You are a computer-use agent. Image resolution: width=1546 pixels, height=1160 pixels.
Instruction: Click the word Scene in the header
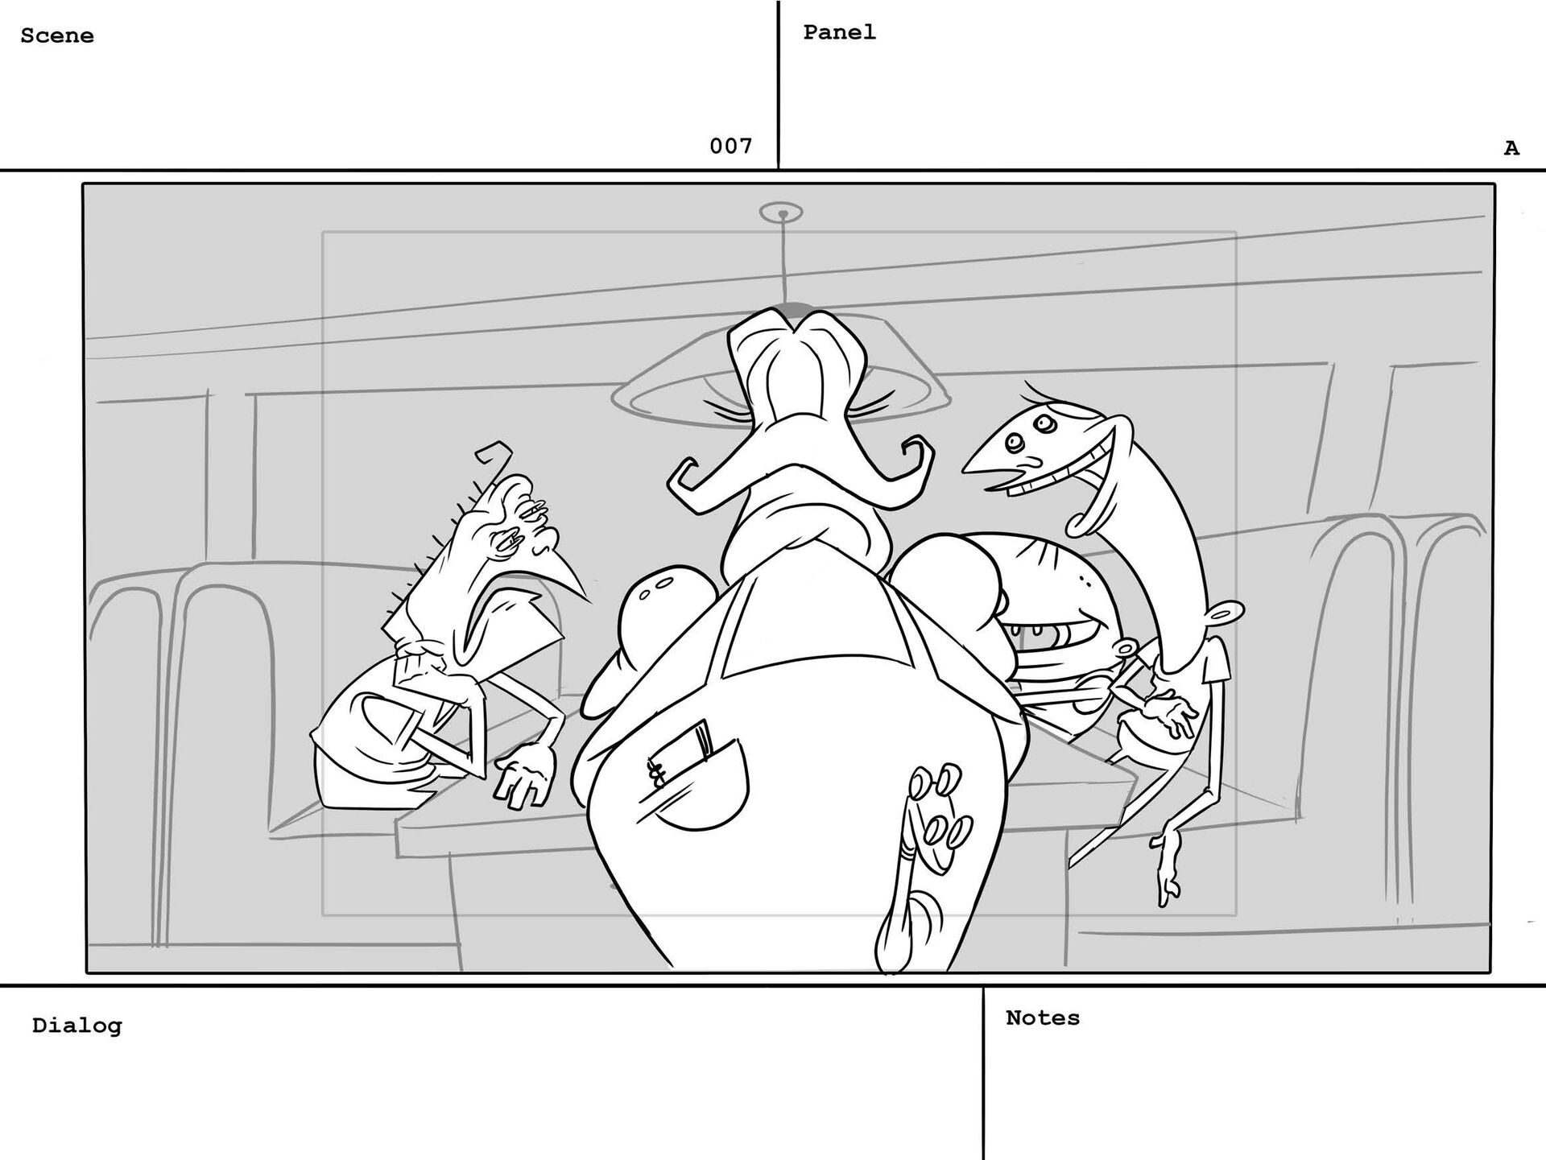[57, 36]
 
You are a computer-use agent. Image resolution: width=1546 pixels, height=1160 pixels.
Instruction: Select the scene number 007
[730, 146]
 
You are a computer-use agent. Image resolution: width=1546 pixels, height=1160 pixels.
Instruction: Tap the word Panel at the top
[839, 32]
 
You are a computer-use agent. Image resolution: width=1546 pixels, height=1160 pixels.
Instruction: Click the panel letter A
[1511, 148]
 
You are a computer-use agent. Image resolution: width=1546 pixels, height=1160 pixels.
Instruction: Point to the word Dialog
[77, 1026]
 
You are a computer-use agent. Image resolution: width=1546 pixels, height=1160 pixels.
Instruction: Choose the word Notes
[1043, 1018]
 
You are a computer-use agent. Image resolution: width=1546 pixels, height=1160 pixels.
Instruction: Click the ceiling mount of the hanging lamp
[781, 213]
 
